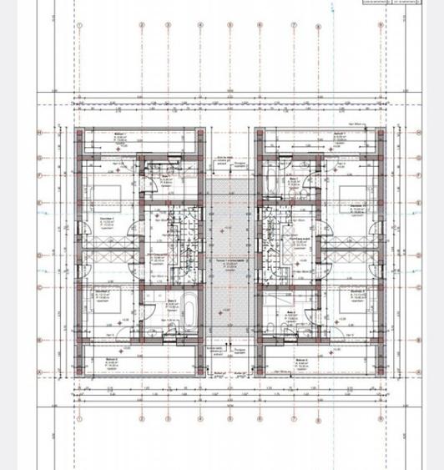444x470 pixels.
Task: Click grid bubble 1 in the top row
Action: [x=80, y=25]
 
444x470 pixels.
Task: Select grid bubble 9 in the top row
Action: [x=381, y=25]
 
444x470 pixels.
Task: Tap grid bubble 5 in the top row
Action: [x=230, y=25]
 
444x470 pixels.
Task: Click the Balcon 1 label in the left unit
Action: [x=119, y=137]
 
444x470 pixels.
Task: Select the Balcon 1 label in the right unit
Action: [x=340, y=137]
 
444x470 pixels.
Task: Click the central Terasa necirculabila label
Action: [x=230, y=261]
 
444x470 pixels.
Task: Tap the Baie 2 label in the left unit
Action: [x=172, y=303]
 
